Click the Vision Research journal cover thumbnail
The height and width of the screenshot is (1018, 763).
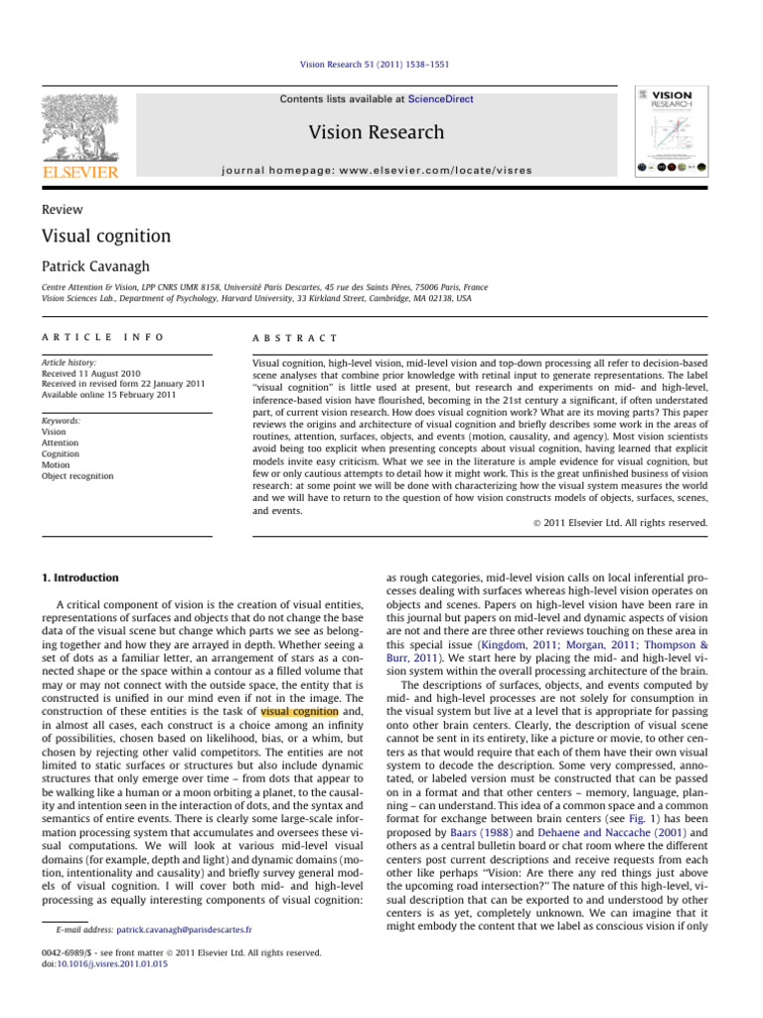point(672,134)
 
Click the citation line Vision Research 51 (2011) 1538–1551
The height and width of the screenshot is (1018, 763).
point(381,65)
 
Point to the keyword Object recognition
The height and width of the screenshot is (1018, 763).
point(78,476)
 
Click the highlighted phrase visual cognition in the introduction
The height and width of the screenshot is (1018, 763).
point(299,739)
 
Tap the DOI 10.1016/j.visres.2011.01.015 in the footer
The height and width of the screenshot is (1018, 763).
point(105,962)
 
